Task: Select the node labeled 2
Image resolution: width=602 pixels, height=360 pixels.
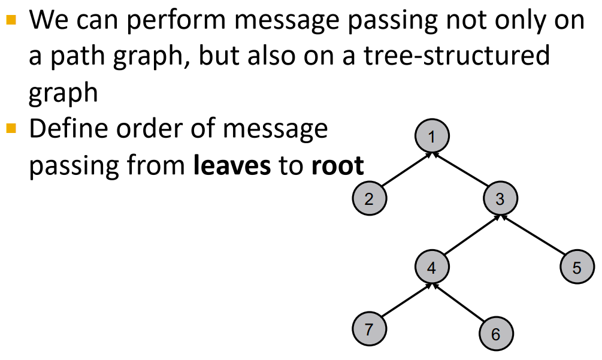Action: pyautogui.click(x=369, y=199)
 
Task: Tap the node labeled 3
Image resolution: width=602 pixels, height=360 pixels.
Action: pyautogui.click(x=500, y=199)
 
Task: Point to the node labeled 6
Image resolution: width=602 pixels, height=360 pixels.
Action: pyautogui.click(x=495, y=334)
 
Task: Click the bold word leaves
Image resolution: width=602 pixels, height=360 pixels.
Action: pyautogui.click(x=231, y=165)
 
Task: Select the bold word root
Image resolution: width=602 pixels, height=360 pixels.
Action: pyautogui.click(x=337, y=165)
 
